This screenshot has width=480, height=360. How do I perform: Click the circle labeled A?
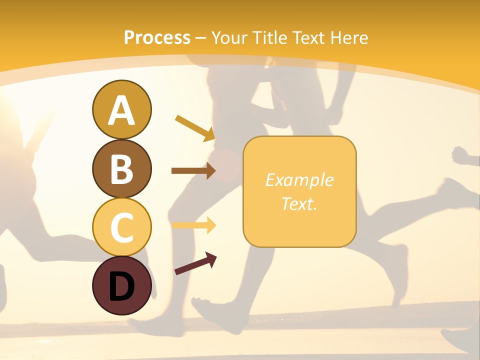pos(122,109)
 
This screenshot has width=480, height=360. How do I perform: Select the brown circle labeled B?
pos(122,168)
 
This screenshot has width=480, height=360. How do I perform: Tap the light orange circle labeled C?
pos(122,227)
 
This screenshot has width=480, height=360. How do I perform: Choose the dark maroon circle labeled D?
pos(122,285)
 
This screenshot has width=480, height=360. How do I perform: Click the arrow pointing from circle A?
pos(195,127)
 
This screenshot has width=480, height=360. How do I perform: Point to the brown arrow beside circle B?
pos(193,171)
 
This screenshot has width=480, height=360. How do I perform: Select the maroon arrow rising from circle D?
pos(195,263)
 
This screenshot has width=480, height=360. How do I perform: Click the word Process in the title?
pos(157,37)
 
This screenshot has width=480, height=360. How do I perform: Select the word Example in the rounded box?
pos(299,180)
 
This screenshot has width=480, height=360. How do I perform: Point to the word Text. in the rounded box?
pos(299,203)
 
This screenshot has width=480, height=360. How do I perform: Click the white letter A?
pos(122,110)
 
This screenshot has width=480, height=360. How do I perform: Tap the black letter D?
pos(122,286)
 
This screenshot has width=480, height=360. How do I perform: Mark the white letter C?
pos(122,227)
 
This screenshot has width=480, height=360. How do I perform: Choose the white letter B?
pos(122,169)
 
